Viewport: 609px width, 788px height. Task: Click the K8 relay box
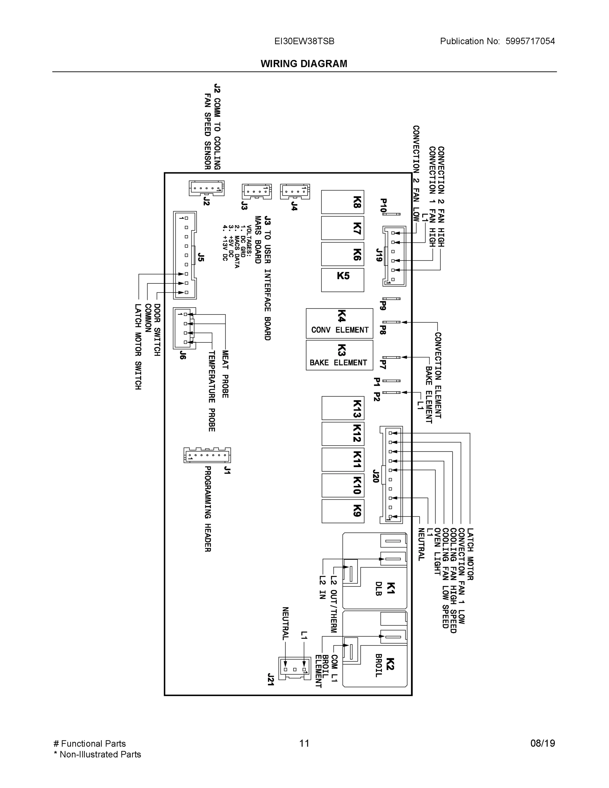click(342, 202)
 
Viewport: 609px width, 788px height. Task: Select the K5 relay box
click(342, 280)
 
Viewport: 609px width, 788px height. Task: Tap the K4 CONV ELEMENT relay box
click(339, 323)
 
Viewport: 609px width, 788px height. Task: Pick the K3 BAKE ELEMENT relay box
click(339, 355)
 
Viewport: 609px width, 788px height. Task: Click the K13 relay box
click(343, 408)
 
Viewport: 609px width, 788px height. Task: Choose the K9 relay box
click(343, 511)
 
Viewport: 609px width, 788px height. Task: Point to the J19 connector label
click(379, 255)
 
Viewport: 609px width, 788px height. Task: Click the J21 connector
click(294, 668)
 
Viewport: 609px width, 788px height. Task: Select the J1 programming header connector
click(207, 455)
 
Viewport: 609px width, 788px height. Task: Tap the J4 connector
click(295, 191)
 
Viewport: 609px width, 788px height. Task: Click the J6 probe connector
click(185, 328)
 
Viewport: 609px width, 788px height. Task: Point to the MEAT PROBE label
click(225, 374)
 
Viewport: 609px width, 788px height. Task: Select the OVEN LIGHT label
click(437, 551)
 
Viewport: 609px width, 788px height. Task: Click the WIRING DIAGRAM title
click(304, 64)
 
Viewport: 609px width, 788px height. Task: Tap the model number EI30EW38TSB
click(304, 41)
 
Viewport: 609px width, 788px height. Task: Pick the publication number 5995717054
click(530, 41)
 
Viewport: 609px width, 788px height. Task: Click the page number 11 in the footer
click(304, 743)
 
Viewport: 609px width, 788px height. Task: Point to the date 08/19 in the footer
click(543, 743)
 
